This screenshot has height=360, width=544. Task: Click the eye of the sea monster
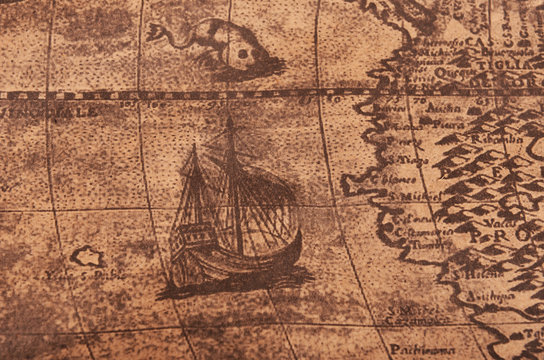[x=241, y=51]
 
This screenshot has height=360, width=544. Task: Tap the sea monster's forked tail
[x=157, y=31]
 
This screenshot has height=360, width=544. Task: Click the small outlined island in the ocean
[x=88, y=257]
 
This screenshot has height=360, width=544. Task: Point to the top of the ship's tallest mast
[x=229, y=121]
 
